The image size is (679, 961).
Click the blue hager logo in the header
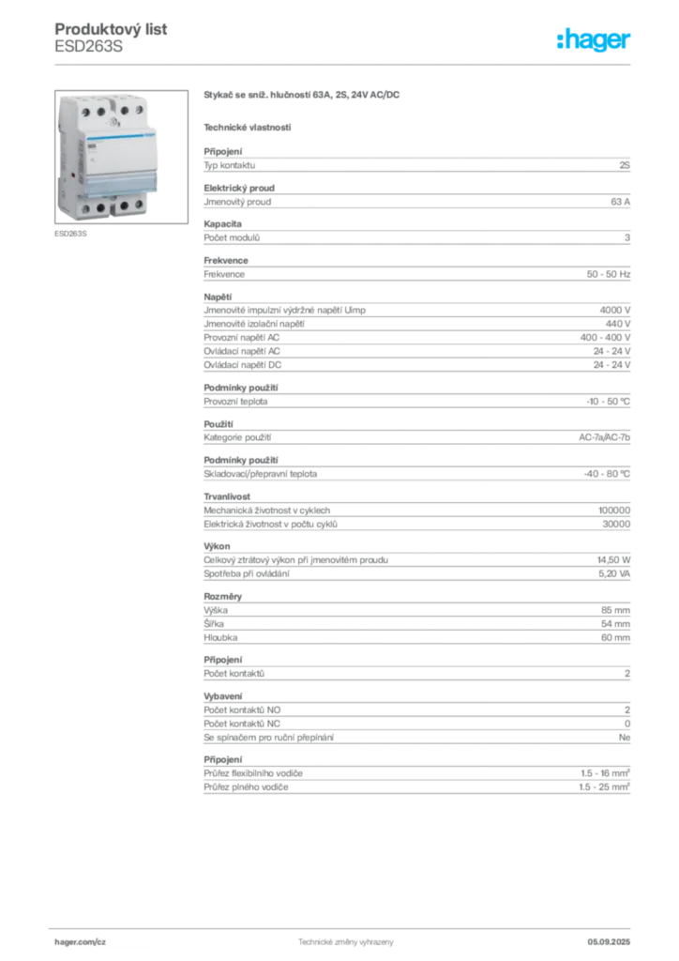pos(596,40)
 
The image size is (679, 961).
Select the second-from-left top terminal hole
pos(100,111)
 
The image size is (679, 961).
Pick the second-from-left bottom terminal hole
pos(101,208)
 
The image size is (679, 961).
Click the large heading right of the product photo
pos(304,94)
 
